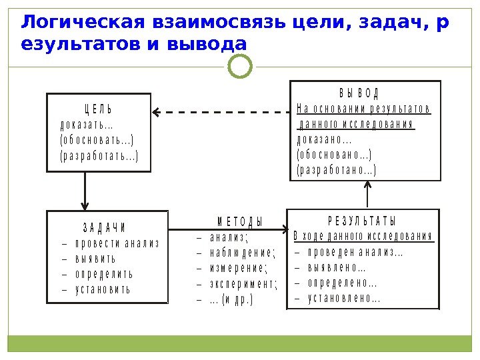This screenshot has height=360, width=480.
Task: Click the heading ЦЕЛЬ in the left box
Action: pyautogui.click(x=97, y=109)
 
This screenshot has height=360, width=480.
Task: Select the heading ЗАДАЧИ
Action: pyautogui.click(x=105, y=227)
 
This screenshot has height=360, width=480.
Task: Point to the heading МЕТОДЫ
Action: pyautogui.click(x=240, y=221)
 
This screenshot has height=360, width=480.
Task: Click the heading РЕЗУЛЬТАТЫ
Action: pyautogui.click(x=363, y=221)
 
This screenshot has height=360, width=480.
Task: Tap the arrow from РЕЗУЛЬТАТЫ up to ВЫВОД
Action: pyautogui.click(x=367, y=195)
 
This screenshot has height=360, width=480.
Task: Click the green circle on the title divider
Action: pyautogui.click(x=240, y=66)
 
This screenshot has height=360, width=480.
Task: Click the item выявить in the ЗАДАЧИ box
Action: pyautogui.click(x=95, y=259)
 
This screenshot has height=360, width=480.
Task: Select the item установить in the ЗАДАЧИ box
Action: pyautogui.click(x=103, y=289)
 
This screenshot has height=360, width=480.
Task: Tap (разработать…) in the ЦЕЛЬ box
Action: pyautogui.click(x=100, y=156)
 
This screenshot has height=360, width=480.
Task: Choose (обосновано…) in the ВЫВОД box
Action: pyautogui.click(x=334, y=155)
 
